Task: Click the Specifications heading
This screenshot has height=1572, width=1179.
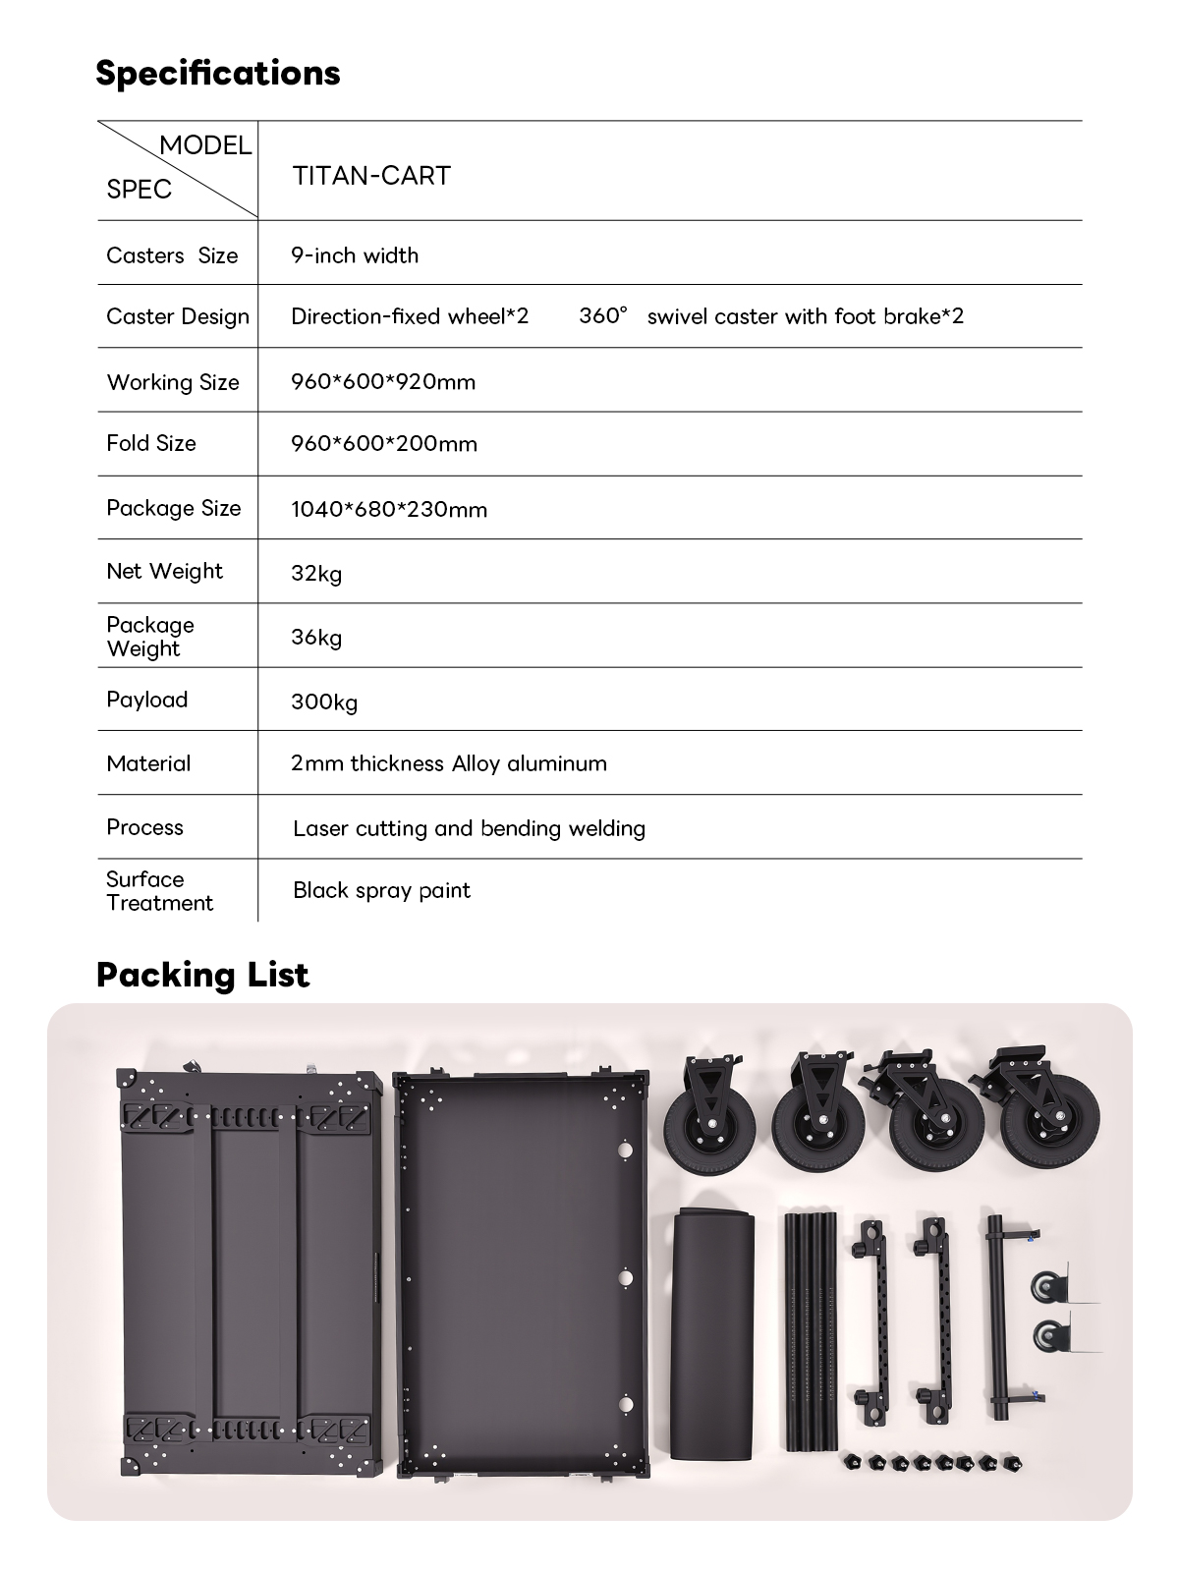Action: pyautogui.click(x=218, y=73)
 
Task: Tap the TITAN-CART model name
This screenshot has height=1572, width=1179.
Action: pyautogui.click(x=371, y=176)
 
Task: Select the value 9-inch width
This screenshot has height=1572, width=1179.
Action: pyautogui.click(x=355, y=255)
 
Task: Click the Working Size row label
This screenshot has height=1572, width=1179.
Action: pyautogui.click(x=173, y=382)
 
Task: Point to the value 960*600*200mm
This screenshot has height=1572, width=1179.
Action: pyautogui.click(x=384, y=444)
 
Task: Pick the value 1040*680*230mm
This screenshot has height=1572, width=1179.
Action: pyautogui.click(x=389, y=509)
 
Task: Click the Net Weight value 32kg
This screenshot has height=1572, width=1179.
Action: pyautogui.click(x=316, y=573)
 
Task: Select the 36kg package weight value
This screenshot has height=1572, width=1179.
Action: pyautogui.click(x=316, y=638)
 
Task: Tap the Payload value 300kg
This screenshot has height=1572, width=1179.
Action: pyautogui.click(x=324, y=702)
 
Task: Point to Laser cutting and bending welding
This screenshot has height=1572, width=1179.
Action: pyautogui.click(x=469, y=828)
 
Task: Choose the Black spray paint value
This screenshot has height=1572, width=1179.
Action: pyautogui.click(x=381, y=890)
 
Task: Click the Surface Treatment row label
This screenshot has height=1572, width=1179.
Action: pyautogui.click(x=159, y=891)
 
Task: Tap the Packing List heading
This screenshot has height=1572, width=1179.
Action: pyautogui.click(x=202, y=975)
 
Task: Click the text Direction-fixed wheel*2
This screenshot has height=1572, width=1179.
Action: pyautogui.click(x=410, y=316)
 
